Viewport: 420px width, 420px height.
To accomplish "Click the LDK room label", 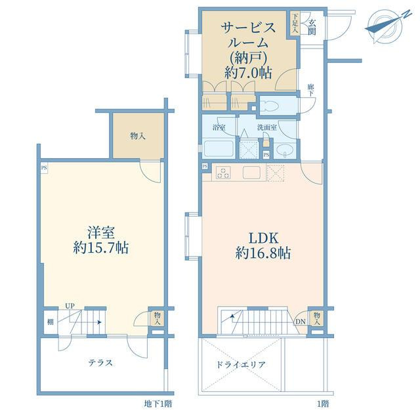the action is pyautogui.click(x=264, y=238).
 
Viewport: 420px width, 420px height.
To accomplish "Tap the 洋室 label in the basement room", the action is pyautogui.click(x=101, y=232).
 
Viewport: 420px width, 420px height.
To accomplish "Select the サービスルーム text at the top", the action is pyautogui.click(x=248, y=35).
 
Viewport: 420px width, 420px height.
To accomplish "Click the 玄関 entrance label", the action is pyautogui.click(x=312, y=28).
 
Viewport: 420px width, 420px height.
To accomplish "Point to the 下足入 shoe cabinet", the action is pyautogui.click(x=295, y=23).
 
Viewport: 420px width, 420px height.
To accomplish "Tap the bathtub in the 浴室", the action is pyautogui.click(x=219, y=149).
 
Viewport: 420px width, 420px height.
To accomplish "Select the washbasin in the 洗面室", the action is pyautogui.click(x=283, y=150).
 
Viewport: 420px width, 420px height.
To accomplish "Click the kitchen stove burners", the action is pyautogui.click(x=223, y=172).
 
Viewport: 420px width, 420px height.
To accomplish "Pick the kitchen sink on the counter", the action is pyautogui.click(x=251, y=172).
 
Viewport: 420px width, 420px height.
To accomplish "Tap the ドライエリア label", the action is pyautogui.click(x=240, y=365).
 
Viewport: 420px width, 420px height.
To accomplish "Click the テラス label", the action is pyautogui.click(x=100, y=363).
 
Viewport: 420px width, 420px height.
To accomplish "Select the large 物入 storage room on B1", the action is pyautogui.click(x=138, y=136).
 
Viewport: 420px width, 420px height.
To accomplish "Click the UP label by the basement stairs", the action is pyautogui.click(x=70, y=306).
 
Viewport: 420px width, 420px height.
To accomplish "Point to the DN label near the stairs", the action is pyautogui.click(x=301, y=322).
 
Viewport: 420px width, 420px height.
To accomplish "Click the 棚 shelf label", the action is pyautogui.click(x=51, y=322).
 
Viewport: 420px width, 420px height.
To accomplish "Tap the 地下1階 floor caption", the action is pyautogui.click(x=157, y=404).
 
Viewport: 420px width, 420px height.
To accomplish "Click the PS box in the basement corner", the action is pyautogui.click(x=44, y=168).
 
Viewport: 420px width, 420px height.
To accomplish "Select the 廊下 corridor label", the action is pyautogui.click(x=311, y=90).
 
